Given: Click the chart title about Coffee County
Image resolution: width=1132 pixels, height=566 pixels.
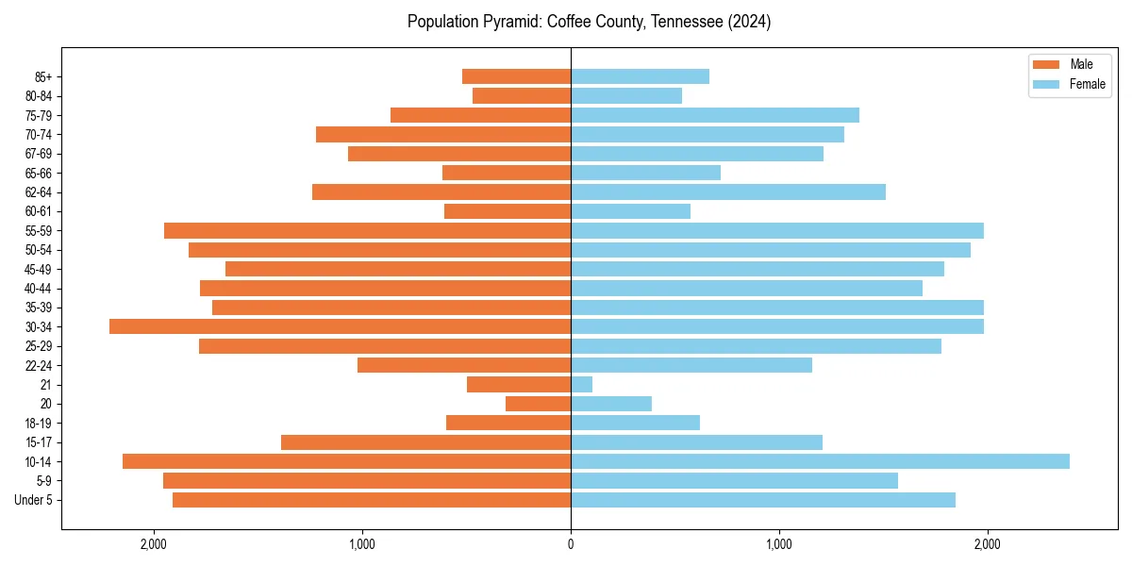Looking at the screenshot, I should tap(589, 22).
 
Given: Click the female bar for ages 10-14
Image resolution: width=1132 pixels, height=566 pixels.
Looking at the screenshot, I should tap(820, 461).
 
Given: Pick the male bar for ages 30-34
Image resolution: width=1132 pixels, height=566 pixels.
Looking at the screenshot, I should tap(340, 326).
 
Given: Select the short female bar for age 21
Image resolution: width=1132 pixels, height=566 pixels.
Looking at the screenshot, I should tap(581, 384).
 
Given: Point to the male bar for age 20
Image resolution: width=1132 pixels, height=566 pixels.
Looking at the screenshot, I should tap(538, 404).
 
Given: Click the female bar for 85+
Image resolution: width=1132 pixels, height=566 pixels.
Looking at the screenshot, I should tap(640, 76).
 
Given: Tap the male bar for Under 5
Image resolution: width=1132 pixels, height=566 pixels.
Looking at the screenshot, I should tap(372, 500).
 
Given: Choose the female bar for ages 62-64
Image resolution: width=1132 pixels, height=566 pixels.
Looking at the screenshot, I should tap(727, 191).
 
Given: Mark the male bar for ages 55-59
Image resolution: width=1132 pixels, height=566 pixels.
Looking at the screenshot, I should tap(367, 230).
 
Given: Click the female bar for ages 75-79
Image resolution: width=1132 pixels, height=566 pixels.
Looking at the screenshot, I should tap(714, 115).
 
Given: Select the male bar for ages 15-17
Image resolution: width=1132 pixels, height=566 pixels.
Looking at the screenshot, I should tap(425, 442).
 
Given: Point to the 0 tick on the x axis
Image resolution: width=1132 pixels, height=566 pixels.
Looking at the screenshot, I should tap(571, 544).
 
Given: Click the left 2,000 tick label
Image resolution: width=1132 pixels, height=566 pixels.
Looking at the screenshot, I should tap(154, 544).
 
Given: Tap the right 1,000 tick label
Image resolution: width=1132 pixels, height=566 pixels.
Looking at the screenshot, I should tap(779, 544).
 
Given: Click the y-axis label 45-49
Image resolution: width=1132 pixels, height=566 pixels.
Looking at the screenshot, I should tap(37, 269).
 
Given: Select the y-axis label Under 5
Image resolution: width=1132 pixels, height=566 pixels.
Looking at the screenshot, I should tap(33, 500).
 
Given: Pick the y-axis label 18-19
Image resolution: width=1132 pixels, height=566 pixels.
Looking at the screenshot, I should tap(37, 423).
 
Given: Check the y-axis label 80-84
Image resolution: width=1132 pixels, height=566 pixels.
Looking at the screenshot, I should tap(37, 95).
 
